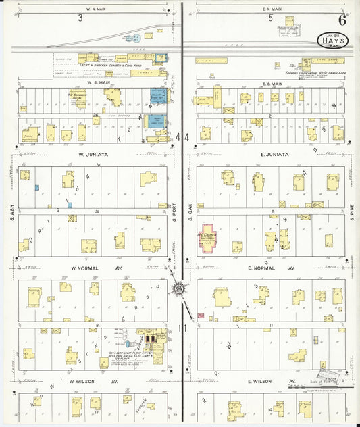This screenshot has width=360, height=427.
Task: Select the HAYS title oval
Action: pos(330,39)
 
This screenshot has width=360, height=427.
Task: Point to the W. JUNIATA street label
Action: pos(90,155)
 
